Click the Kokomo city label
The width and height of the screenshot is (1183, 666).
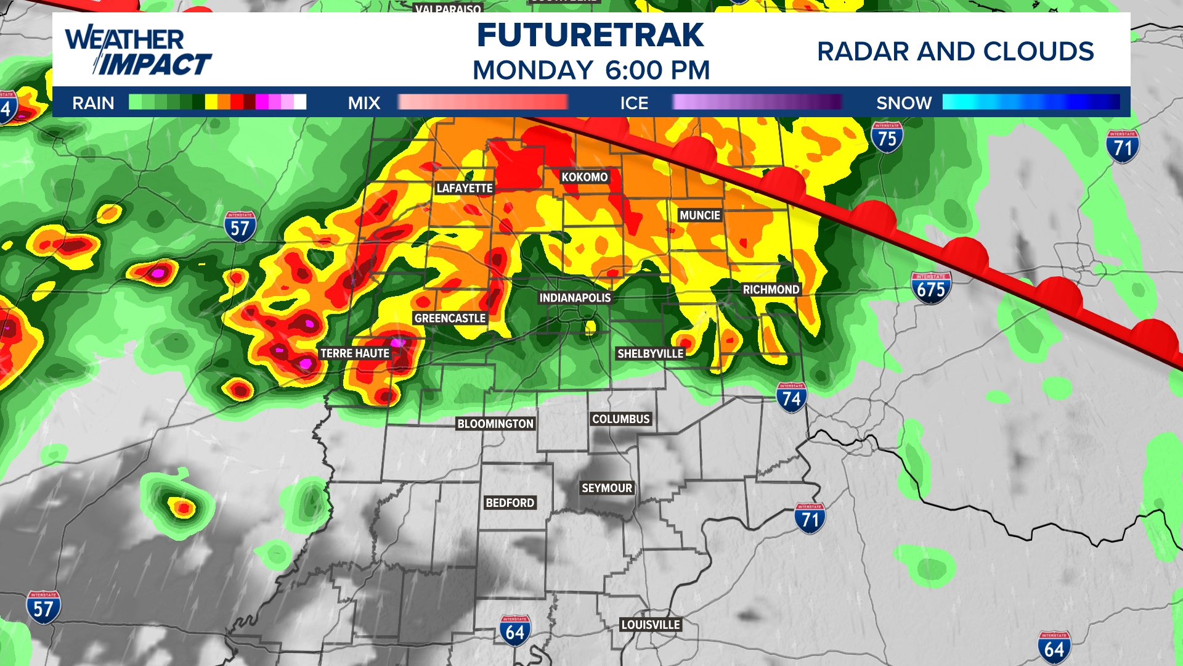(x=584, y=178)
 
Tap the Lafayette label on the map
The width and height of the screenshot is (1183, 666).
(x=465, y=188)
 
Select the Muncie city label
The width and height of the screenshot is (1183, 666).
(x=699, y=215)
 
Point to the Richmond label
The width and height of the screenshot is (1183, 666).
(x=771, y=290)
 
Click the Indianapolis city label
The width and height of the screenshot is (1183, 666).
(x=575, y=298)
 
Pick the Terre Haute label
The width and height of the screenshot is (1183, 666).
(x=355, y=353)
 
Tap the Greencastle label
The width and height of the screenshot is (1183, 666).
(x=450, y=318)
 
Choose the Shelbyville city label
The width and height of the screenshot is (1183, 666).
(x=650, y=353)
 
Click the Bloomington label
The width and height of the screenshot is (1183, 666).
(x=495, y=424)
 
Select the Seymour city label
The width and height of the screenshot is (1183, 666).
(x=607, y=488)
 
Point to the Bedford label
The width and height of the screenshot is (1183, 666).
(x=510, y=503)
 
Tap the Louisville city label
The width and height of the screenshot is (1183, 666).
(x=651, y=625)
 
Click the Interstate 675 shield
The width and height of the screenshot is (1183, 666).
(x=931, y=288)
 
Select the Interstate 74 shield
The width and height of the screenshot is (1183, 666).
(x=791, y=398)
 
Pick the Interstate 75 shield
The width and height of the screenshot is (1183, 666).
(x=887, y=138)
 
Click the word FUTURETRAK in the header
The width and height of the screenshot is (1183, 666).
(x=590, y=36)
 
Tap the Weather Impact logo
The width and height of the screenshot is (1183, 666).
(x=138, y=51)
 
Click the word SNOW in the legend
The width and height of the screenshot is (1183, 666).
(x=904, y=103)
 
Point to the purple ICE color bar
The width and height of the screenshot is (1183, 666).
(x=757, y=102)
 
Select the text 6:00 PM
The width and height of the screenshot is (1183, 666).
(x=657, y=70)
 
